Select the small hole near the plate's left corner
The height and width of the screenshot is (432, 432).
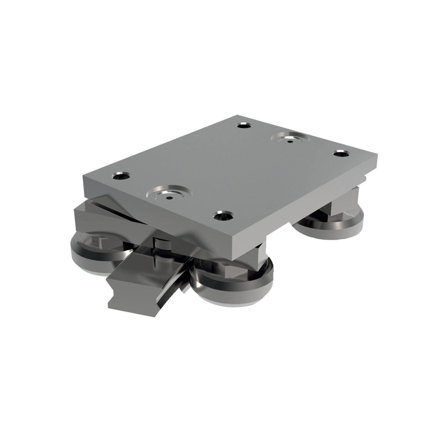coord(121,175)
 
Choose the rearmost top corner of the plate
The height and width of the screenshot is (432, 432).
coord(236,115)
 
